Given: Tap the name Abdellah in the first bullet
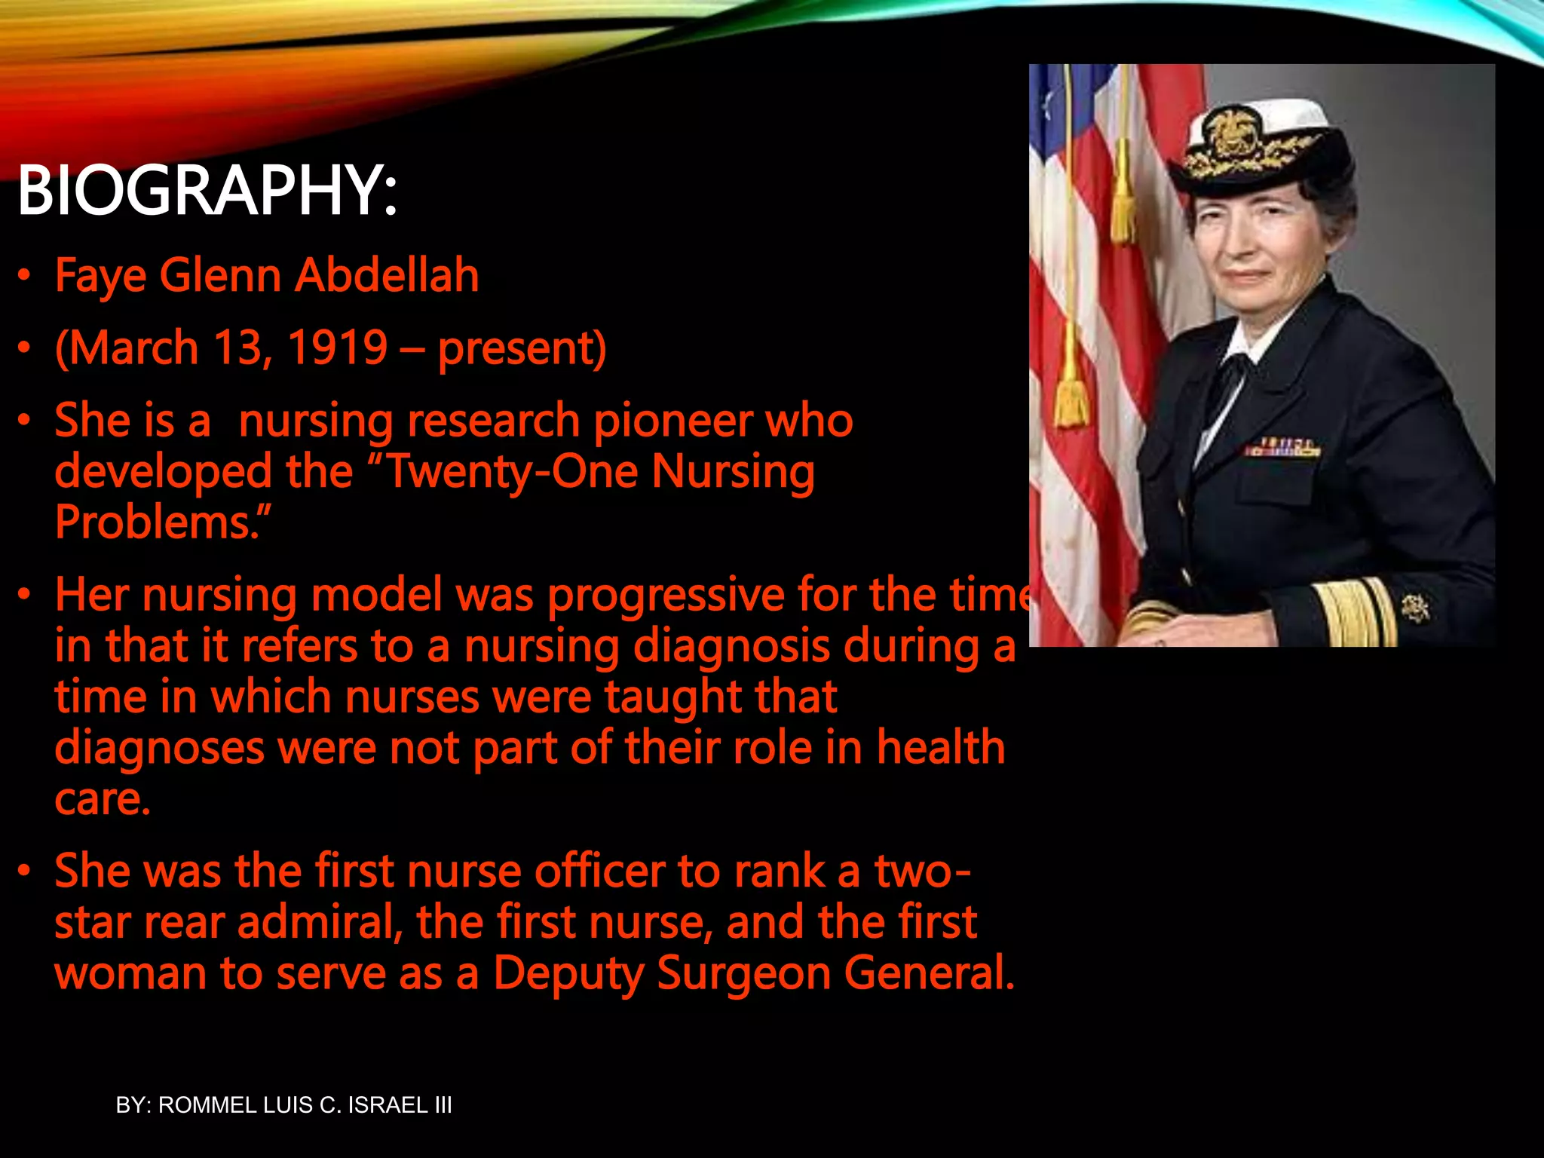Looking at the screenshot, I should coord(387,275).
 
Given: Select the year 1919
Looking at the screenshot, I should coord(338,348).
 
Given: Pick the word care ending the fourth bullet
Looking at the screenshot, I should coord(102,799).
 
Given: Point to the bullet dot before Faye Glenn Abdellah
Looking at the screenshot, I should coord(25,276).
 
